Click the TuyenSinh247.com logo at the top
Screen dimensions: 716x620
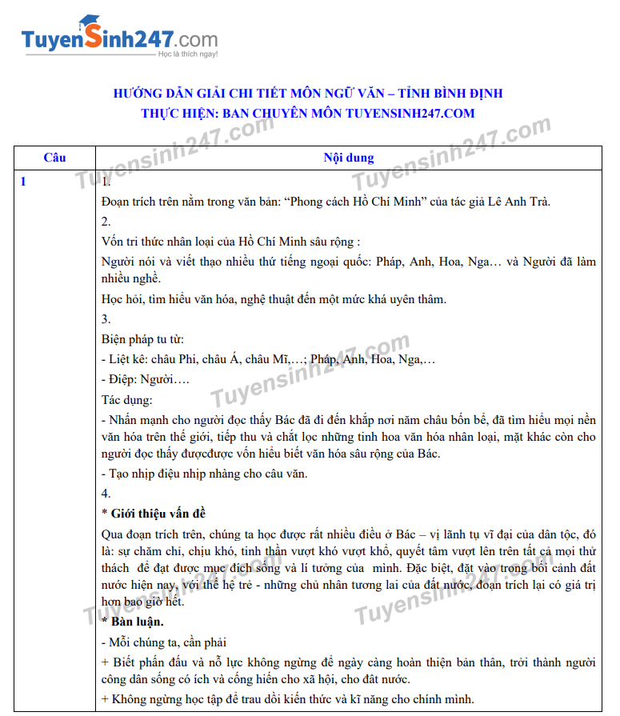pyautogui.click(x=119, y=38)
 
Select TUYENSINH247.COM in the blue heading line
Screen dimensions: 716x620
pyautogui.click(x=410, y=114)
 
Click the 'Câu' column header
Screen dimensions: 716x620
pyautogui.click(x=54, y=158)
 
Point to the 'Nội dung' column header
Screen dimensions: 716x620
pyautogui.click(x=348, y=158)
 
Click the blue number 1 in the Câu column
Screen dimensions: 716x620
pyautogui.click(x=24, y=182)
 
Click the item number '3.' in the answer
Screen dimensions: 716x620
pyautogui.click(x=106, y=318)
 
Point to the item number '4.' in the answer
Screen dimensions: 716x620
pyautogui.click(x=106, y=493)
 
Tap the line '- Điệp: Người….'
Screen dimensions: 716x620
pyautogui.click(x=145, y=379)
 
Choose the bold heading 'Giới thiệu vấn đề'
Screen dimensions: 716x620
pyautogui.click(x=158, y=513)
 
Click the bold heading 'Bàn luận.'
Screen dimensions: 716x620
pyautogui.click(x=138, y=621)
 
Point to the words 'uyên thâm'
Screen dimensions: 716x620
pyautogui.click(x=418, y=299)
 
